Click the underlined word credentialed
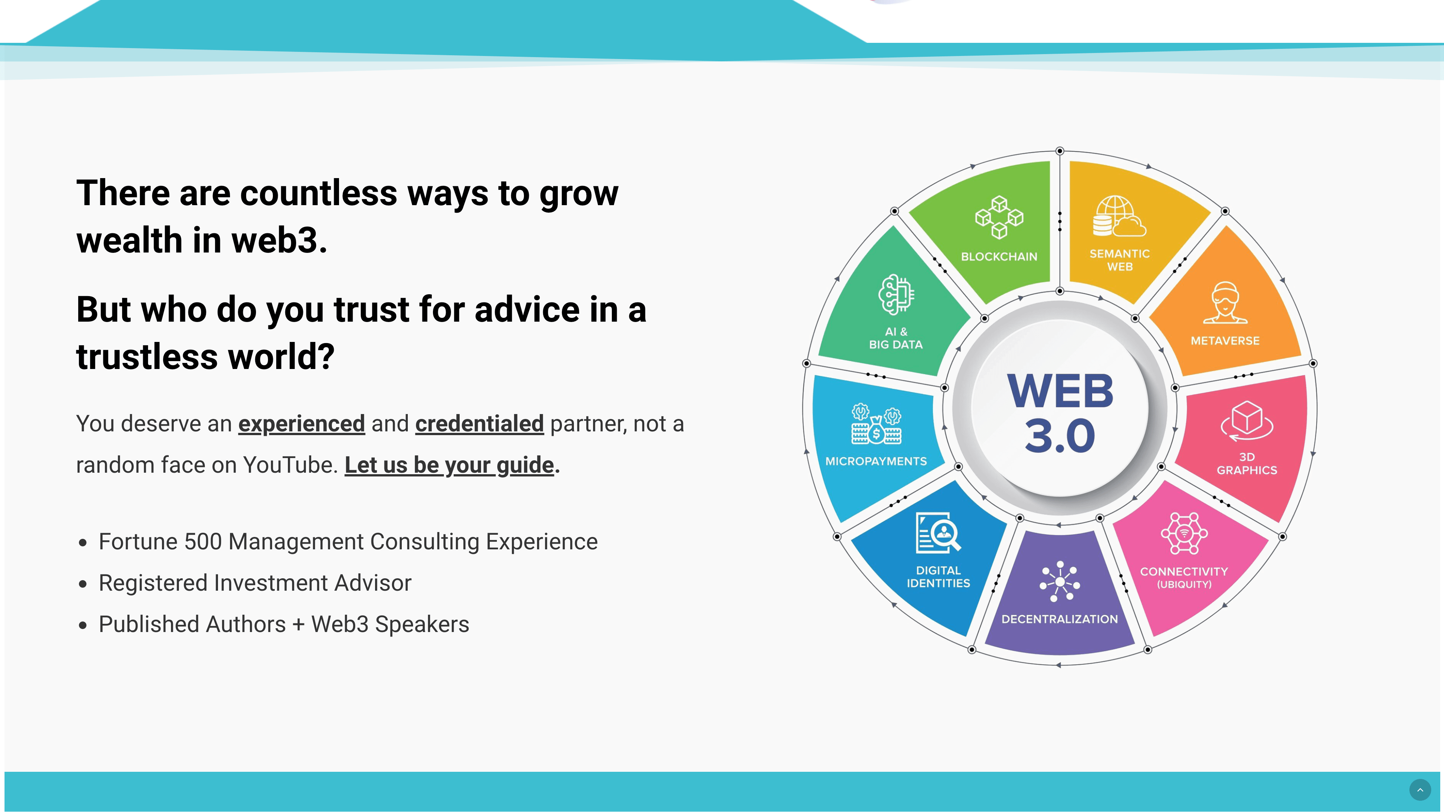pos(479,423)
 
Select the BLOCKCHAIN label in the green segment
pos(999,257)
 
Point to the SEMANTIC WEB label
pos(1119,260)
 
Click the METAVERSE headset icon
pos(1225,302)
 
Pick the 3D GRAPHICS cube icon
pos(1247,421)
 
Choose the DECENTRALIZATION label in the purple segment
pos(1060,619)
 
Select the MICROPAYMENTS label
pos(876,461)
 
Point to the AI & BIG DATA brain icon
pos(896,294)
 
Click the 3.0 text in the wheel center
pos(1060,436)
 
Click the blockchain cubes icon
pos(999,218)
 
